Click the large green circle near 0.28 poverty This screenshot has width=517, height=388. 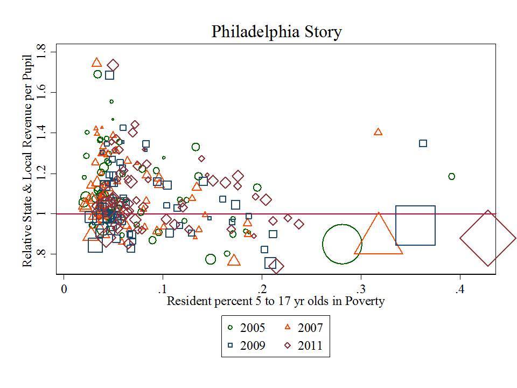click(x=342, y=244)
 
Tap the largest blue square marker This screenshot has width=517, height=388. click(x=415, y=225)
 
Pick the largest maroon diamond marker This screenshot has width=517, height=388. click(x=488, y=238)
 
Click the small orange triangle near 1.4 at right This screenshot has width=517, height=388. click(x=378, y=132)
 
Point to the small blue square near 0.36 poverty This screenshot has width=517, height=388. click(x=423, y=143)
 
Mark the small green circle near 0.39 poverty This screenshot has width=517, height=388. click(x=451, y=176)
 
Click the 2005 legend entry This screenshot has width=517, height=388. click(x=246, y=327)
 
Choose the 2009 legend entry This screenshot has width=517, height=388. click(x=246, y=345)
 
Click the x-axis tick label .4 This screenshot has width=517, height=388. click(x=459, y=289)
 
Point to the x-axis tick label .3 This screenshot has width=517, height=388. click(x=360, y=289)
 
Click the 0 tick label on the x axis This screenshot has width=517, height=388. click(x=64, y=289)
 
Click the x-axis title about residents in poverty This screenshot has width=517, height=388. click(x=275, y=301)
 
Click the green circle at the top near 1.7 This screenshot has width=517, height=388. click(x=97, y=74)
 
